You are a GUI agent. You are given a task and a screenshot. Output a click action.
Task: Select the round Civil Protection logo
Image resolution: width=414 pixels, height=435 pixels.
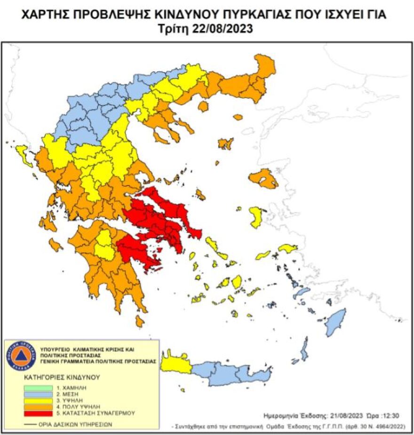click(x=21, y=356)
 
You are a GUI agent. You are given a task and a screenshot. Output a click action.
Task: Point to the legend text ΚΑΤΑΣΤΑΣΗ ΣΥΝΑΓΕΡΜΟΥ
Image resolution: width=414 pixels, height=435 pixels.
click(x=103, y=413)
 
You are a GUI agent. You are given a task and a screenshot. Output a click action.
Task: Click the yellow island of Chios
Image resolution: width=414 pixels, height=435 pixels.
click(x=256, y=217)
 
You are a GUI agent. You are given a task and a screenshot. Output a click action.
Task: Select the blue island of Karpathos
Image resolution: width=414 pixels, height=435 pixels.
click(x=304, y=349)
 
